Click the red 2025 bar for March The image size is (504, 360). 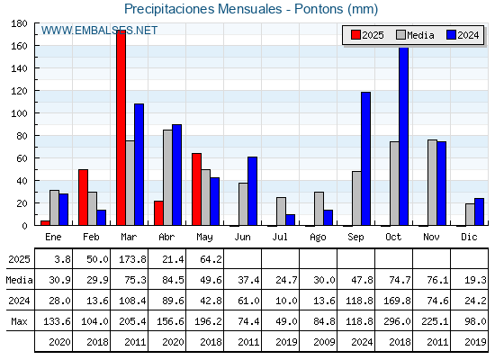point(121,128)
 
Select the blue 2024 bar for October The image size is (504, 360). point(404,136)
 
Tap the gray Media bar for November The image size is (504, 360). point(432,183)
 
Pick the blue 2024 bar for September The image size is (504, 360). point(365,158)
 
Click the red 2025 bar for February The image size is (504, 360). point(83,197)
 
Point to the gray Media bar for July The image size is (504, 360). point(281,211)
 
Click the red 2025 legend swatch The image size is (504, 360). point(355,35)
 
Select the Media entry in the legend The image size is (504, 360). point(415,35)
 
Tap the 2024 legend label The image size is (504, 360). point(468,35)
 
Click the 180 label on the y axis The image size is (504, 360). point(19,23)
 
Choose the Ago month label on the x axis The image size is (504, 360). point(318,238)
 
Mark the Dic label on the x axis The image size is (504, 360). point(469,237)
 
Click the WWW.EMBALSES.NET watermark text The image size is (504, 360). point(99,31)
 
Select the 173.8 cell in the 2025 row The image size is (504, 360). point(132,259)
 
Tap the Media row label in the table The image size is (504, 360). point(19,280)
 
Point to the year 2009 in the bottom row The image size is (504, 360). point(324,342)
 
